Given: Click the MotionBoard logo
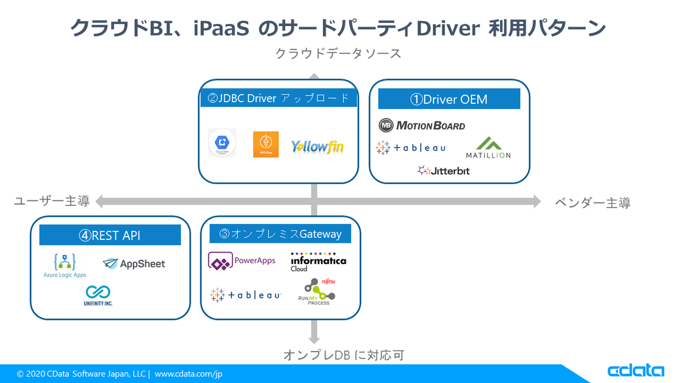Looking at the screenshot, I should pos(422,125).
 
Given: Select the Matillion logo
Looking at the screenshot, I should pos(488,148).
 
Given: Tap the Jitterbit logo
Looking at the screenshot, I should pos(443,170).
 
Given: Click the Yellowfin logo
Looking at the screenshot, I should pos(317,146).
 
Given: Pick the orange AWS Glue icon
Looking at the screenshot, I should pos(266,144).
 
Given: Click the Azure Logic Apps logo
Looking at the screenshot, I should pos(65,265).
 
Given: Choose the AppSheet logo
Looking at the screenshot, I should pos(134,263).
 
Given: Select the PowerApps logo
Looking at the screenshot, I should pos(242,261).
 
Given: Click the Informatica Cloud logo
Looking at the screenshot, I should pos(318,262).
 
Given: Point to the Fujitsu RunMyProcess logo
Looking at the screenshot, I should pos(317,291).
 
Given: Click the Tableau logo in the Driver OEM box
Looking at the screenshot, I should pos(411,148).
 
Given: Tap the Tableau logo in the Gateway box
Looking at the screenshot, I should pos(245,295).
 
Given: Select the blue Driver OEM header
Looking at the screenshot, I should pos(449,99).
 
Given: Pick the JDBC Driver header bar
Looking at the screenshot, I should pos(279,98).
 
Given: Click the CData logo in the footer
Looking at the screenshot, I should pos(636,371).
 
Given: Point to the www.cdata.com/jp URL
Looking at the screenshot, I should pos(190,374).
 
